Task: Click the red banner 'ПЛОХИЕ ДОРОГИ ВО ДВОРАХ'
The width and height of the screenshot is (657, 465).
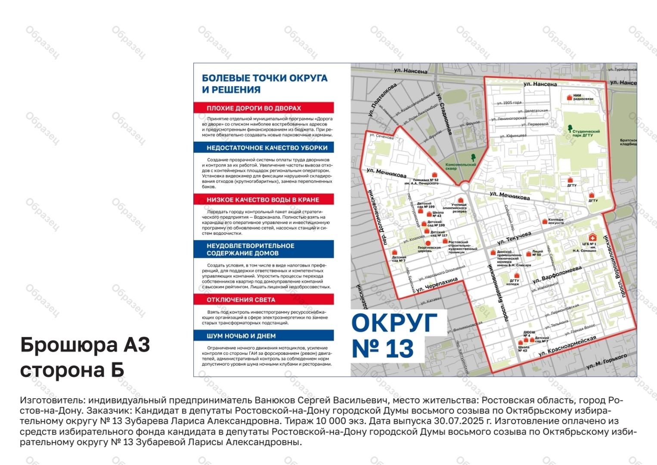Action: pos(263,108)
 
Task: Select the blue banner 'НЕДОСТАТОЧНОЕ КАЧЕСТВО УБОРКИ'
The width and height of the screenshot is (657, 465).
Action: pos(263,148)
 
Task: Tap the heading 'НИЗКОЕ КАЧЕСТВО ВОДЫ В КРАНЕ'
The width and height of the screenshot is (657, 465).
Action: pos(263,200)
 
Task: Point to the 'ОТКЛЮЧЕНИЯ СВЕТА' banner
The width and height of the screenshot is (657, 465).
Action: pos(263,300)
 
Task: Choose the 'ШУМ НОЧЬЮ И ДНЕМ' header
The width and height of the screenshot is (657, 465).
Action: pos(263,336)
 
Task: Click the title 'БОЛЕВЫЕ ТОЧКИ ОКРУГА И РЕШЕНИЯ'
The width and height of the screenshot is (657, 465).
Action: pos(264,84)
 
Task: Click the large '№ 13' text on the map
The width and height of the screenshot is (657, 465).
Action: pos(383,349)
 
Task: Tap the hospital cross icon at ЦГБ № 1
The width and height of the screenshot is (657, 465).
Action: pos(593,237)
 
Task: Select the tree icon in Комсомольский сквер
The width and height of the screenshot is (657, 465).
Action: pos(473,158)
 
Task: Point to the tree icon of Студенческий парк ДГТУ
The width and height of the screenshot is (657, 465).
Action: pos(570,128)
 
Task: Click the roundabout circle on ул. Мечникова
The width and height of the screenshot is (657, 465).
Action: pos(465,188)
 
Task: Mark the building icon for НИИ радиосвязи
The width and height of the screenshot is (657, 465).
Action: pos(570,97)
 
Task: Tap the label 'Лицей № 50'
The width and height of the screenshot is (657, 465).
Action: pos(537,253)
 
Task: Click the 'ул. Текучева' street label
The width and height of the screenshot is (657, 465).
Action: pos(514,238)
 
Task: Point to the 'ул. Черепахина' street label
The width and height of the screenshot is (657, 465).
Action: pos(437,285)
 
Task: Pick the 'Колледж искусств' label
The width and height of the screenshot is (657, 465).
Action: pos(556,221)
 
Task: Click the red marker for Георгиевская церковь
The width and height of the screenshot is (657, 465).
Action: pos(428,243)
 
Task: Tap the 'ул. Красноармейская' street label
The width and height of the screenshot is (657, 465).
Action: pos(567,346)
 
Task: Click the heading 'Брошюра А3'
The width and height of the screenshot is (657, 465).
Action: pos(85,345)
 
